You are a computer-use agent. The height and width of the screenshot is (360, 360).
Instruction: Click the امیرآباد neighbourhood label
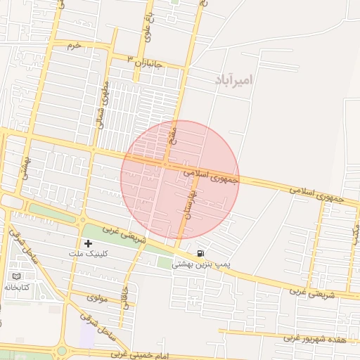tap(233, 79)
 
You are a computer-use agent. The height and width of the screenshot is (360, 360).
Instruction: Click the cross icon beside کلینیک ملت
tap(88, 243)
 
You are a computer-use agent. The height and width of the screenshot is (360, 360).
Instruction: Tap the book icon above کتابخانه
tap(17, 277)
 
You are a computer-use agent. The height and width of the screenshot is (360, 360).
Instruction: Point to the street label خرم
tap(75, 45)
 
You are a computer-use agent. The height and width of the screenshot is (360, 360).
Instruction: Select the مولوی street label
tap(96, 298)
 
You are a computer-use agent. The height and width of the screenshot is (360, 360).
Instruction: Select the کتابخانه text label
tap(17, 288)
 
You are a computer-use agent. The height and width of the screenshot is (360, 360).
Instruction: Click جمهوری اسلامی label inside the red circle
tap(212, 175)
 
